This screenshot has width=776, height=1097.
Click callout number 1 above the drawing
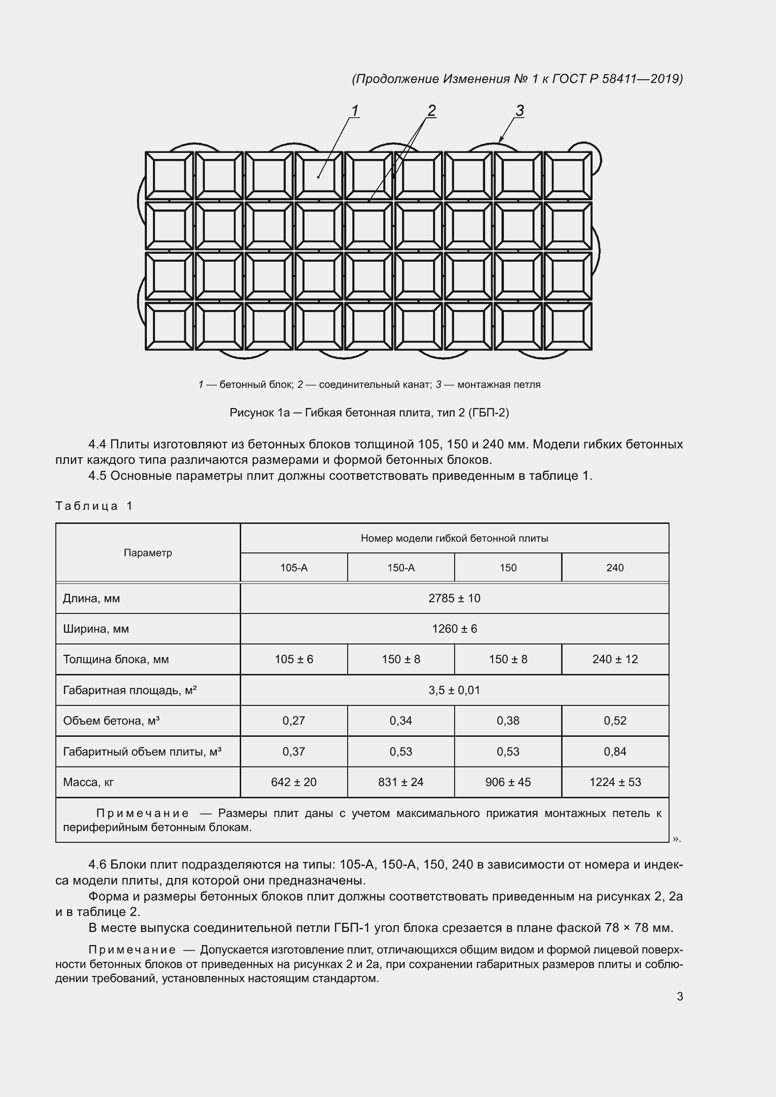(355, 110)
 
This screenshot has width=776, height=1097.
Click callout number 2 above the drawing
(431, 110)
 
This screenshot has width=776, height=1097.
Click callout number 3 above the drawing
(519, 110)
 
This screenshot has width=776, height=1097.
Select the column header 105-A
(293, 567)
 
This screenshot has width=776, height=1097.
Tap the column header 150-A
(400, 567)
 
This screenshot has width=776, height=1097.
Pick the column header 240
(615, 567)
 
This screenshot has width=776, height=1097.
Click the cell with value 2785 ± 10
(454, 598)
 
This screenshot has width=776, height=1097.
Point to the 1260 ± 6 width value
(454, 629)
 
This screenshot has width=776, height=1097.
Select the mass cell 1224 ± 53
(615, 782)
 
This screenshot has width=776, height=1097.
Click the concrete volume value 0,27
(293, 720)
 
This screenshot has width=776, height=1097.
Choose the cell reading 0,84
(615, 751)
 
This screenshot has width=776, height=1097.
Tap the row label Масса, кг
(88, 782)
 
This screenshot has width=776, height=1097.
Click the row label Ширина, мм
(96, 629)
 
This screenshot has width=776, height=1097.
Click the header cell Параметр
(148, 553)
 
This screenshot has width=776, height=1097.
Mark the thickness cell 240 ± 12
(615, 659)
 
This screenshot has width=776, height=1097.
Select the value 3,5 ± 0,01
(454, 690)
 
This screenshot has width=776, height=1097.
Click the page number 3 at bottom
(679, 997)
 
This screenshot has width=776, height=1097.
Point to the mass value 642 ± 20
(293, 782)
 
